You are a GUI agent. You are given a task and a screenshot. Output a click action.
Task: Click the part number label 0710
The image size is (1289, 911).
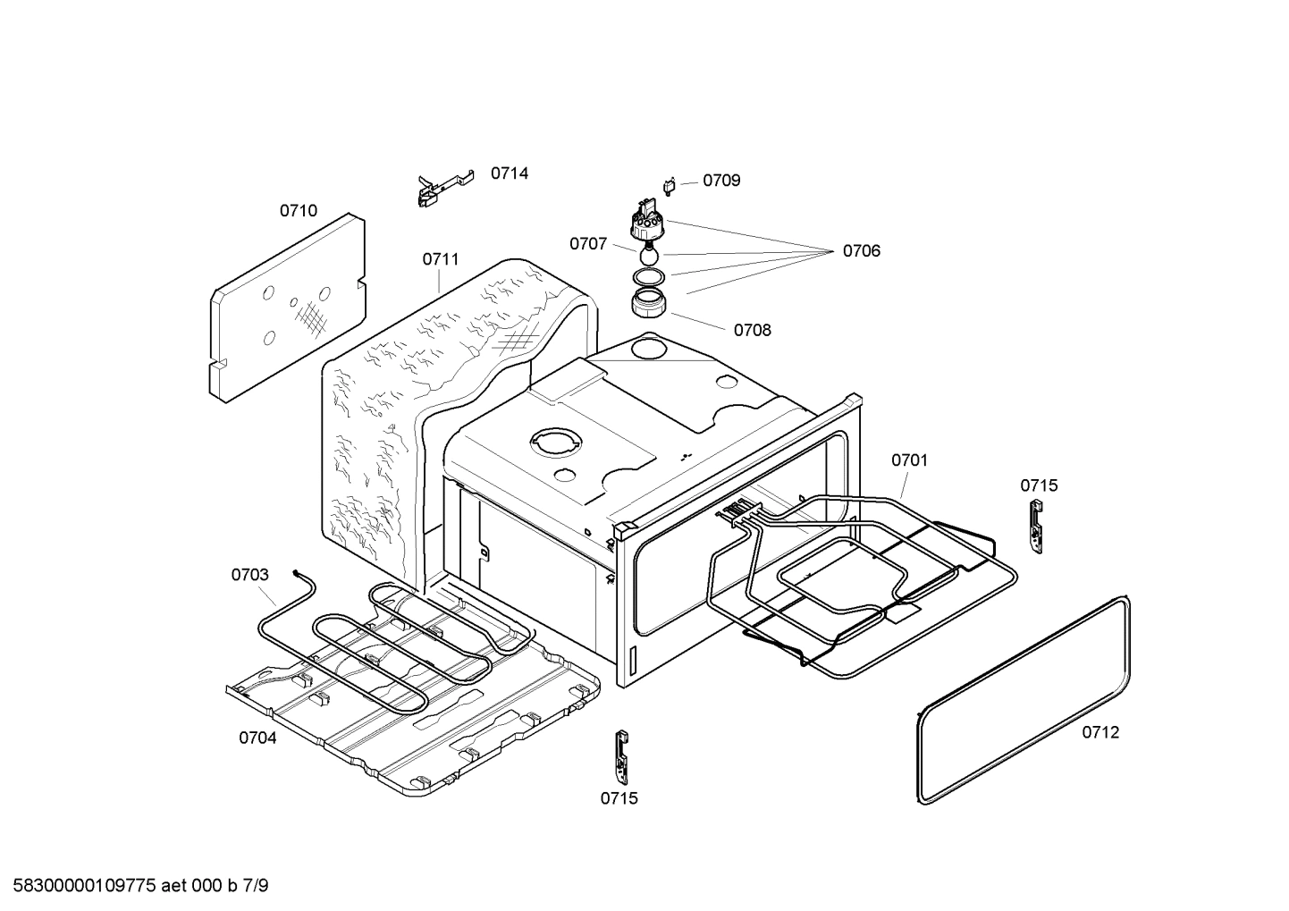click(298, 211)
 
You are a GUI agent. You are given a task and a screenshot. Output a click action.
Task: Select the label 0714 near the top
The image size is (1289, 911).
click(509, 173)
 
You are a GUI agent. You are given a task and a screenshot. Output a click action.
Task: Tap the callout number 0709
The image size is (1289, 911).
click(720, 181)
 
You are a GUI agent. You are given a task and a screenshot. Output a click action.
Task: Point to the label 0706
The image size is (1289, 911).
click(861, 251)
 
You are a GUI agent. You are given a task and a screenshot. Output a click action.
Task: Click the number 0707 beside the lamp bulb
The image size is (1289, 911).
click(588, 244)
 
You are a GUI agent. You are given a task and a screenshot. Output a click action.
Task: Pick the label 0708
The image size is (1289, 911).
click(752, 330)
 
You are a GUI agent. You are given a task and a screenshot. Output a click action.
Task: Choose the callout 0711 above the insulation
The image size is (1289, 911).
click(441, 259)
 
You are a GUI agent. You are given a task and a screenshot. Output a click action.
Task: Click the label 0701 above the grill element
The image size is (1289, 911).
click(909, 460)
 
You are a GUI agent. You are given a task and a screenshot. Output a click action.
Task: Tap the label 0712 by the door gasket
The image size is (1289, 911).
click(1100, 732)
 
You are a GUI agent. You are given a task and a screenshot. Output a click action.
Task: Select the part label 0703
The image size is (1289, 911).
click(249, 575)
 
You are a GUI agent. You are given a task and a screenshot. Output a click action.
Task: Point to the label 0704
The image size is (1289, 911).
click(257, 738)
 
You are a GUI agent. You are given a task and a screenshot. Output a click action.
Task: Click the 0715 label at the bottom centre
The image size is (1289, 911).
click(619, 798)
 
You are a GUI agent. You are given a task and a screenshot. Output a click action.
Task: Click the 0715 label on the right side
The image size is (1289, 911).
click(1039, 485)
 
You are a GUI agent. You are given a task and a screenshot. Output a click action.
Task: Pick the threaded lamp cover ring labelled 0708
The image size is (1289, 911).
click(649, 305)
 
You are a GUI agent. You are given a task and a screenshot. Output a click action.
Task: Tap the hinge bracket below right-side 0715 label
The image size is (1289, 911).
click(1036, 525)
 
